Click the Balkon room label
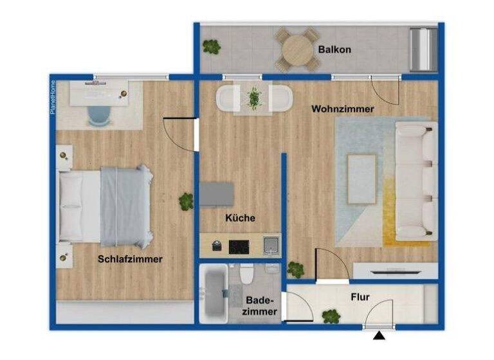click(x=334, y=50)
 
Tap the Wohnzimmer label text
click(x=343, y=109)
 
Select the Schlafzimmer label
click(x=130, y=259)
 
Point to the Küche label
click(x=240, y=218)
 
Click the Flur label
click(x=360, y=298)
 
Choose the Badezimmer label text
click(x=261, y=306)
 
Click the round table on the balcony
click(x=297, y=48)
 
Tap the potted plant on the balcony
click(x=211, y=46)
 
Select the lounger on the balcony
click(x=422, y=49)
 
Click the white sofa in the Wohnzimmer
click(x=416, y=181)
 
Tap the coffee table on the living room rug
click(x=362, y=178)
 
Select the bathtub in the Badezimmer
click(x=213, y=295)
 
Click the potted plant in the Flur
click(x=331, y=316)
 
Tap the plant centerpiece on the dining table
click(x=254, y=98)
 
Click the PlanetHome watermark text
click(x=53, y=97)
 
